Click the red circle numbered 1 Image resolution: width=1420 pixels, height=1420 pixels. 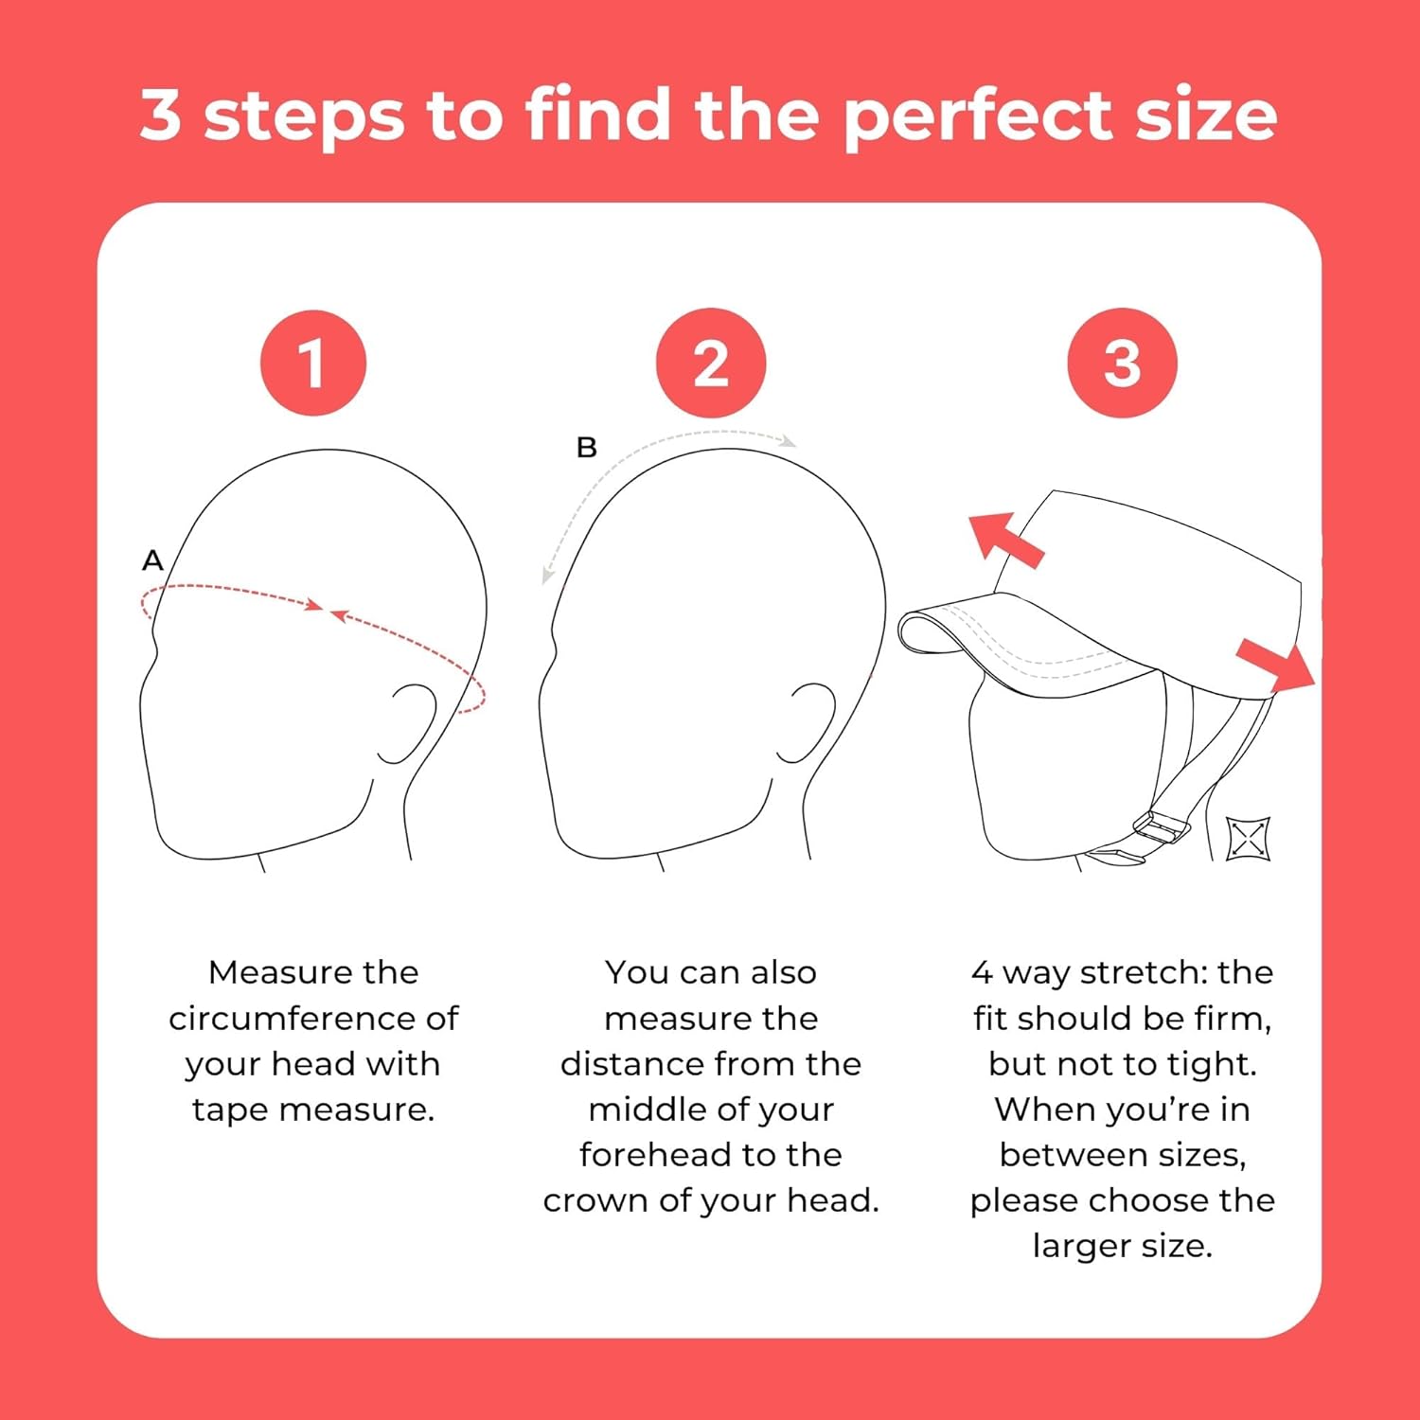click(312, 364)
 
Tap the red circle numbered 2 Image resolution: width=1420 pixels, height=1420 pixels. click(710, 364)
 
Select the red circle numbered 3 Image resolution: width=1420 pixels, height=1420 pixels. click(1122, 364)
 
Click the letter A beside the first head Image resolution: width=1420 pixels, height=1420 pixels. click(152, 560)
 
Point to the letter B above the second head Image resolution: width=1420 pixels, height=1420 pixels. click(587, 447)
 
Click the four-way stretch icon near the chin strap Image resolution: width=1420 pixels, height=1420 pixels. click(1248, 839)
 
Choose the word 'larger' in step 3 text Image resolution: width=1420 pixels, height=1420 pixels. click(1081, 1247)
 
